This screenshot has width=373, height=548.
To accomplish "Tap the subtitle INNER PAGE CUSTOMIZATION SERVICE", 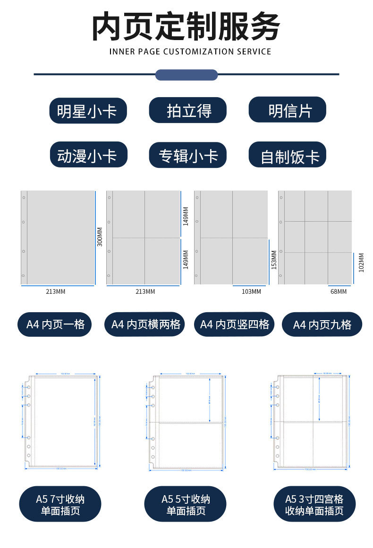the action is coord(190,51).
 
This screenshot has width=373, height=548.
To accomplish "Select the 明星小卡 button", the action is coord(88,111).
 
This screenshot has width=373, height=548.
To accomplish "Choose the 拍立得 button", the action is coord(188,111).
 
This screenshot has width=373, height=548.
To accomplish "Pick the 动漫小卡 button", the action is coord(88,155).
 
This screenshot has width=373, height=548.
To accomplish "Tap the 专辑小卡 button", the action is coord(188,155).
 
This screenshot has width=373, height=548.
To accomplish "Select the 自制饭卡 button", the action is coord(288,155).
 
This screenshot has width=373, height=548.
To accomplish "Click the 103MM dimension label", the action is coord(251,292).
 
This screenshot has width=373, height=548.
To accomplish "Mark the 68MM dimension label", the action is coord(338,292).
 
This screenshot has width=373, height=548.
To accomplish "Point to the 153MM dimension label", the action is coord(274,259).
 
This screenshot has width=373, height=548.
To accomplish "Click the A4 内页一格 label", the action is coord(55,324).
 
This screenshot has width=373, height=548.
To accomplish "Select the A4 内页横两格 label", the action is coord(144,324).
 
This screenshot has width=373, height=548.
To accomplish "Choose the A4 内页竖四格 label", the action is coord(234,324).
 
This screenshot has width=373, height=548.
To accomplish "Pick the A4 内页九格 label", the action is coord(322,324).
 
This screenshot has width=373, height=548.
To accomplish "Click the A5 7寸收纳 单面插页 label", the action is coord(60,504).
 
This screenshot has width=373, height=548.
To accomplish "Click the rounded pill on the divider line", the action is coord(186,75).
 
